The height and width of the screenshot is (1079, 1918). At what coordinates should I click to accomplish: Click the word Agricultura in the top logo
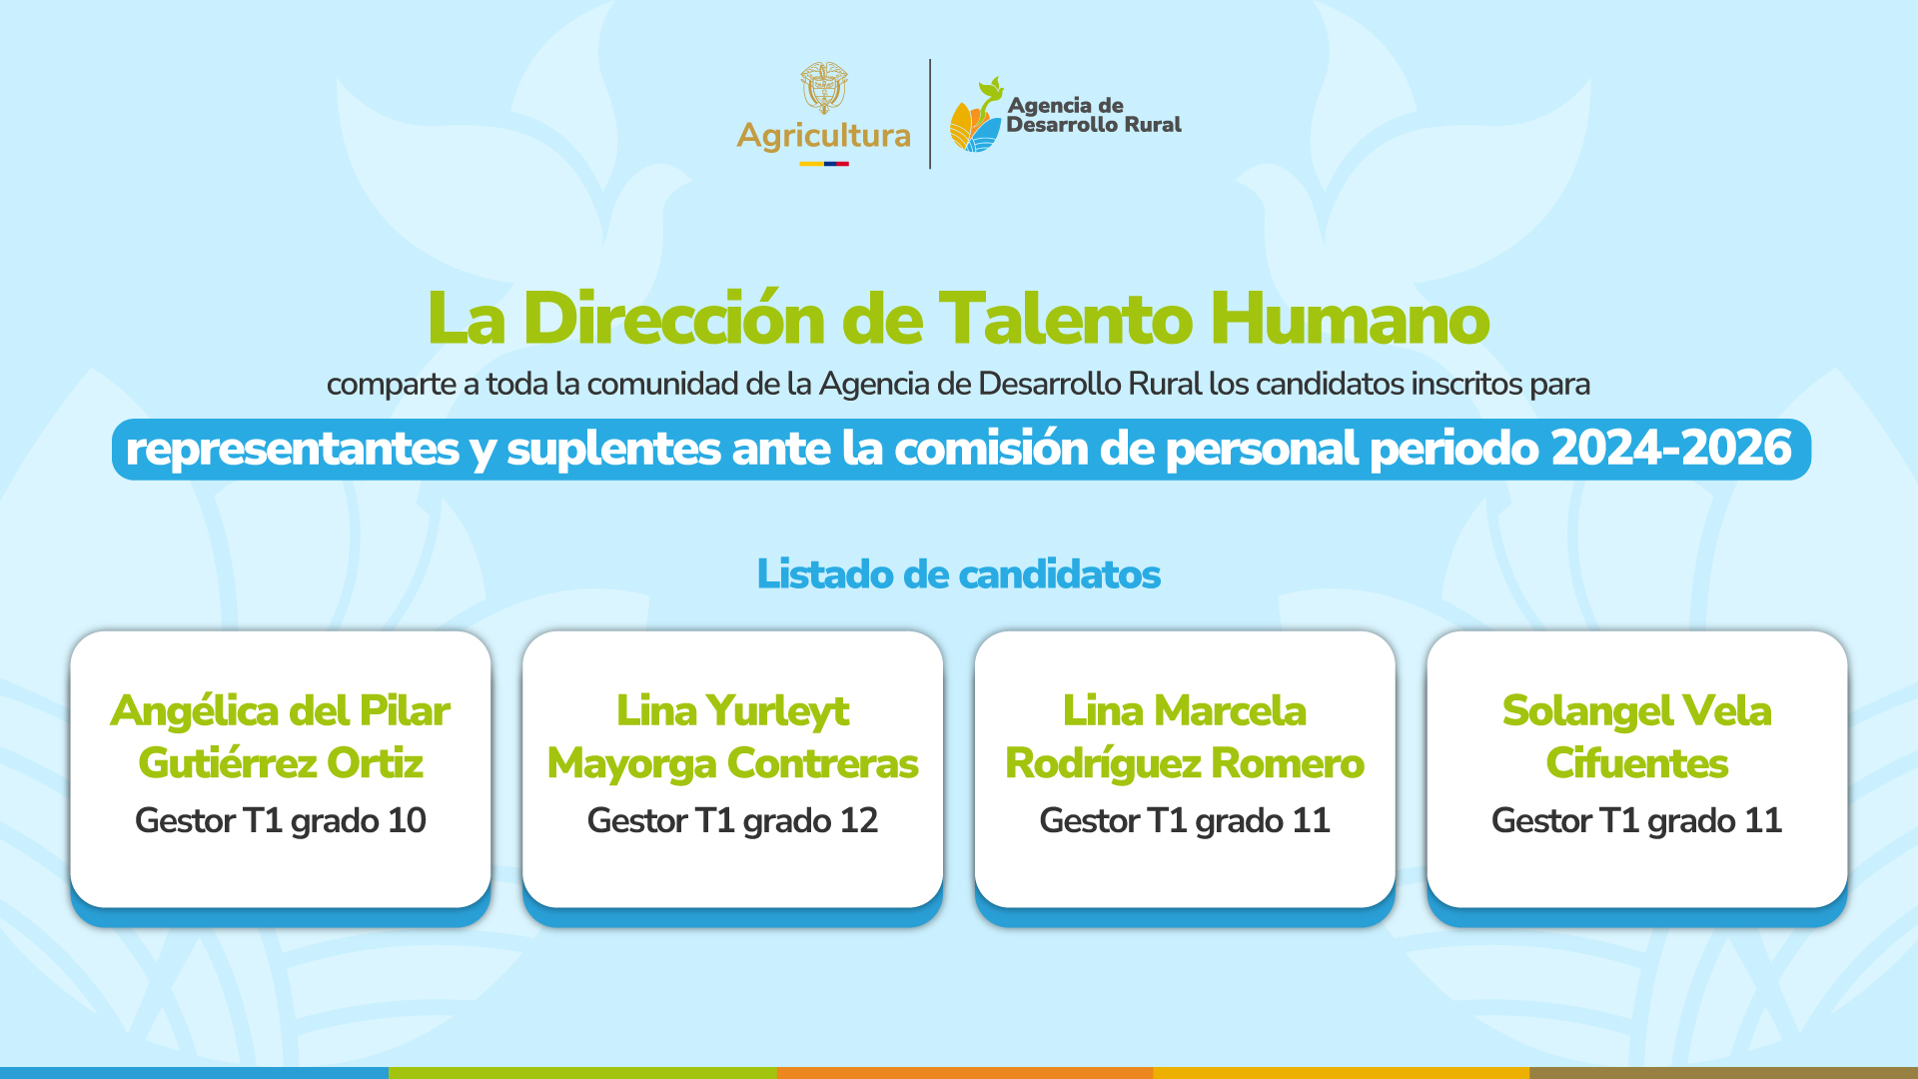point(823,136)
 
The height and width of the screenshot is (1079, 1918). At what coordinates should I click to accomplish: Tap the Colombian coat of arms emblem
point(824,88)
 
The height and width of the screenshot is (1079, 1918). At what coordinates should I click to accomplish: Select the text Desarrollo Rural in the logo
point(1094,125)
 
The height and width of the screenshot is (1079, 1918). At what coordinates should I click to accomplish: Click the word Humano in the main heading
point(1350,319)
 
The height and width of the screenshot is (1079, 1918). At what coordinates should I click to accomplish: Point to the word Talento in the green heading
point(1066,319)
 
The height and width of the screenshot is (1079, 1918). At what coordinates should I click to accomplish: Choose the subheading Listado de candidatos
point(959,574)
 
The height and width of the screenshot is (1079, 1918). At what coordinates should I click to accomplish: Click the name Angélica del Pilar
point(281,711)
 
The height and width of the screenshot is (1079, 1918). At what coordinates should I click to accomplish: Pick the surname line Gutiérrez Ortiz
point(281,763)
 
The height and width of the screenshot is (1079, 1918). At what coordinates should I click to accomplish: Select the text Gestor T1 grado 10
point(281,821)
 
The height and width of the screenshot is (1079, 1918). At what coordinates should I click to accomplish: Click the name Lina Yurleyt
point(733,711)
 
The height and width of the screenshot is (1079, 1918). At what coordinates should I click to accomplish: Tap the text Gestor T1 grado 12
point(733,821)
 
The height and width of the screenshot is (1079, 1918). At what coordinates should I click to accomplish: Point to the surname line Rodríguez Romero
point(1185,763)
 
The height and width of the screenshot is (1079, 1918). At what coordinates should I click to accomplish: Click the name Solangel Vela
point(1637,711)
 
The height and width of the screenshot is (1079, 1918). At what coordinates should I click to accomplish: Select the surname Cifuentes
point(1637,763)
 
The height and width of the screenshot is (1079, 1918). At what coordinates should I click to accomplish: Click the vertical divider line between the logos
point(930,114)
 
